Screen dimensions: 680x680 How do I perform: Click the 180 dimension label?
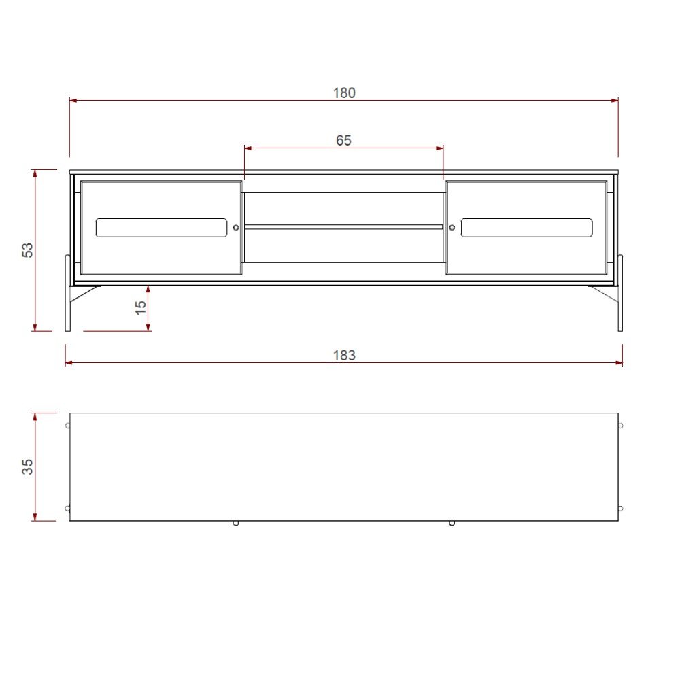[344, 93]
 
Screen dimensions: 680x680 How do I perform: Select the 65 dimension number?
[343, 141]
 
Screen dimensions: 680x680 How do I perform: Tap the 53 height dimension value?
[28, 250]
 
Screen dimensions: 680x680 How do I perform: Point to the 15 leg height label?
[140, 307]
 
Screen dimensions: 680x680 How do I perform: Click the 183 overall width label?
[344, 355]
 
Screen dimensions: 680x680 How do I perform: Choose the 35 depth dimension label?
[28, 466]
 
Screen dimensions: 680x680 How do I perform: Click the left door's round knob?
[236, 228]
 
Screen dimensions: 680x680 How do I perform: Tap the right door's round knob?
[452, 228]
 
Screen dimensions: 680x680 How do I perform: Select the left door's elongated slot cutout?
[161, 228]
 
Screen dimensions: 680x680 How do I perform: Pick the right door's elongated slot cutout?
[526, 228]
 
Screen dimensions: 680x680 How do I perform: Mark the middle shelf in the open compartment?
[343, 227]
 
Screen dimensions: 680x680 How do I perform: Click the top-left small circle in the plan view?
[67, 426]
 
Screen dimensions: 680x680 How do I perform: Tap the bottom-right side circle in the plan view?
[620, 508]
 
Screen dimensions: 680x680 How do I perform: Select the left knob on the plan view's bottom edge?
[235, 523]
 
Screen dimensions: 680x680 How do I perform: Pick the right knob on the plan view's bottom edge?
[452, 523]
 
